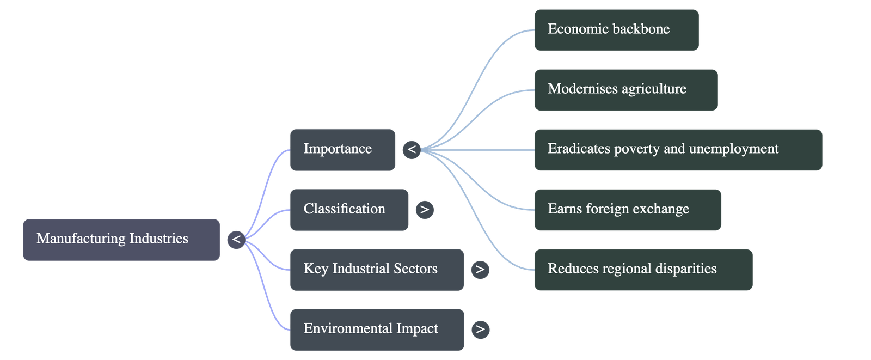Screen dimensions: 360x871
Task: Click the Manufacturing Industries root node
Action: tap(121, 239)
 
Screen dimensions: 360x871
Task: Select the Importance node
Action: tap(342, 149)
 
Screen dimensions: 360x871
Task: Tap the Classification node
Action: tap(349, 209)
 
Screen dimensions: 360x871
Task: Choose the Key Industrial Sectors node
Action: tap(377, 269)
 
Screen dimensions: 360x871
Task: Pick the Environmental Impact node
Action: tap(377, 329)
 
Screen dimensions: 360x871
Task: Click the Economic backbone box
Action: tap(616, 29)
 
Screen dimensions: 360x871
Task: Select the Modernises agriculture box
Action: tap(625, 89)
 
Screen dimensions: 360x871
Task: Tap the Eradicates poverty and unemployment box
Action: tap(678, 149)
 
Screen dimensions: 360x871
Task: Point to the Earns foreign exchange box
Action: tap(627, 209)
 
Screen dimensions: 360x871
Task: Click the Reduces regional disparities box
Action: tap(643, 269)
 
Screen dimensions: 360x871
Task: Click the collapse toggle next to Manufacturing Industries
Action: tap(236, 239)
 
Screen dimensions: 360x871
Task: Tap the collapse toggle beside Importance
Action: tap(412, 149)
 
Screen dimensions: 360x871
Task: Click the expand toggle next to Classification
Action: tap(425, 209)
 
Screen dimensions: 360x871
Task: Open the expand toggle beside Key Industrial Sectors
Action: tap(480, 269)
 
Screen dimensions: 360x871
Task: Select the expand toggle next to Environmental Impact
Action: tap(480, 329)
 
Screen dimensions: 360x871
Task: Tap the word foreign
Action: tap(613, 209)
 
